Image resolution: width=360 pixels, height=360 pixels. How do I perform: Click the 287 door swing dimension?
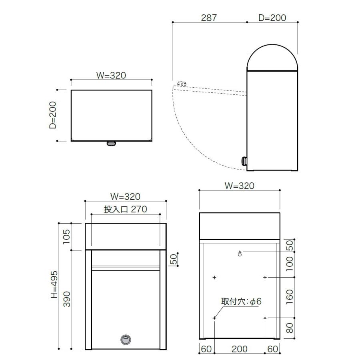pos(209,18)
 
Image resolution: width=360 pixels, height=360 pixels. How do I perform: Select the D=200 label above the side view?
pos(272,18)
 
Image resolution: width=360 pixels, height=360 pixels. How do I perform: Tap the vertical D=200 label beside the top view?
pos(53,115)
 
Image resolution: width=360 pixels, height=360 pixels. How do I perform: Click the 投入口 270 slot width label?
pos(126,209)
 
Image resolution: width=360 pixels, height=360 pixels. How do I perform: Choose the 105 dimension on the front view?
pos(66,236)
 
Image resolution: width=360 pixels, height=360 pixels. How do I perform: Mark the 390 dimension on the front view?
pos(66,299)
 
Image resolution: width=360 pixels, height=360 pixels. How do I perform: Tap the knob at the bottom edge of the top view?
pos(111,143)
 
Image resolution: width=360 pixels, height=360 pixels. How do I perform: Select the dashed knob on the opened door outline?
pos(181,84)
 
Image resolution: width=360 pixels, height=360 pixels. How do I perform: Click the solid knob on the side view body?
pos(244,161)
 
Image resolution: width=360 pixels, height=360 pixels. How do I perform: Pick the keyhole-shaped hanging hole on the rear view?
pos(240,253)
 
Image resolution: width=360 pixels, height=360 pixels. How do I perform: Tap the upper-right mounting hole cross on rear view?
pos(265,277)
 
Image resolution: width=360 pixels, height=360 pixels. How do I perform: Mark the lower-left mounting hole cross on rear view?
pos(214,318)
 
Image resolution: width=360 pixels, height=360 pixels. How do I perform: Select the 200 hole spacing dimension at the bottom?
pos(240,349)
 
